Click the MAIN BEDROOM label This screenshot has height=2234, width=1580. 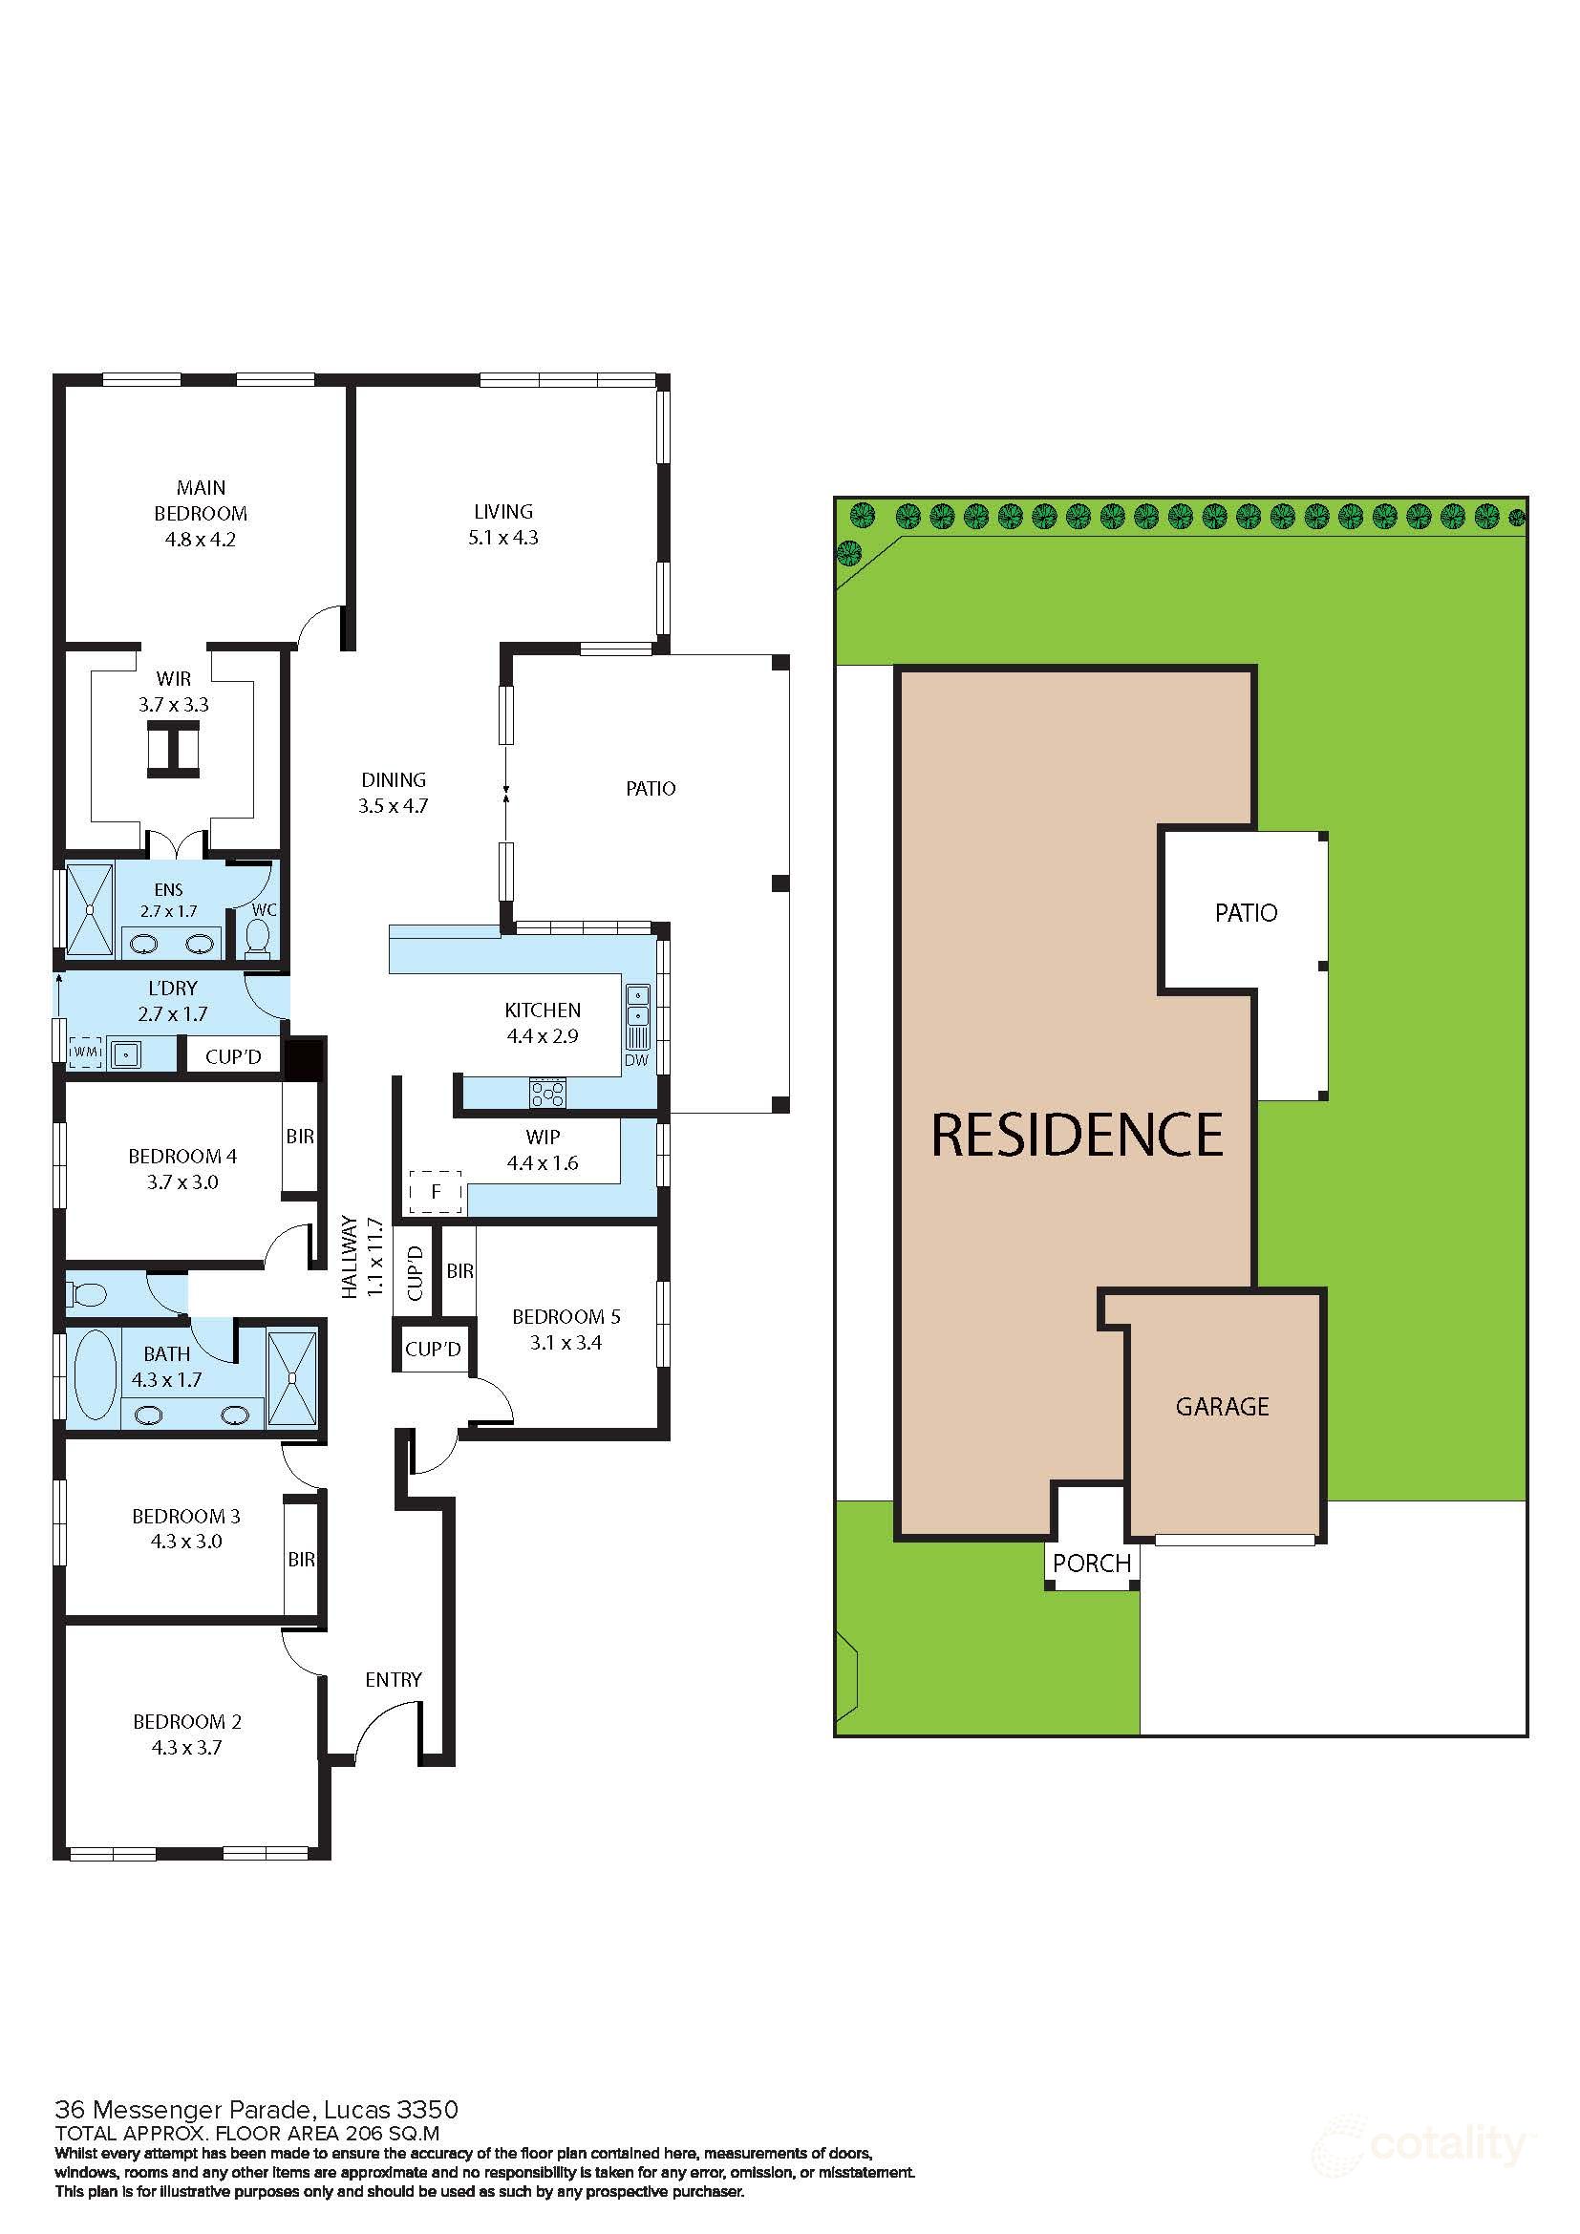[201, 500]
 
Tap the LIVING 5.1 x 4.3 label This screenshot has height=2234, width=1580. [503, 523]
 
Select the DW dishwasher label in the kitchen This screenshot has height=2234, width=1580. [635, 1059]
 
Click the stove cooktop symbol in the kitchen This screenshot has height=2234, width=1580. [546, 1092]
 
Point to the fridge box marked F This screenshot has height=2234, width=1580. [435, 1191]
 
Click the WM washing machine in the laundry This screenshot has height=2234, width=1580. [86, 1052]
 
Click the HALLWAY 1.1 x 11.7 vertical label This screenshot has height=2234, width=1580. [363, 1257]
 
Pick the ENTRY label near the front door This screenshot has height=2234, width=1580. [393, 1679]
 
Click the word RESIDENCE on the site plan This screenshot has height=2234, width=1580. [1077, 1134]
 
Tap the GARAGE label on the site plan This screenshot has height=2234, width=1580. [1222, 1406]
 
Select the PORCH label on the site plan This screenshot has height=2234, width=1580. [1092, 1563]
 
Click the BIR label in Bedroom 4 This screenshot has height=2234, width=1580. [300, 1136]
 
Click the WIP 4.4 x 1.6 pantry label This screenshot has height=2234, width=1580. [542, 1149]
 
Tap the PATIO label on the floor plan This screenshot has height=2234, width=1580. [650, 788]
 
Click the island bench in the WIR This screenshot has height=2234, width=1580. [174, 750]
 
